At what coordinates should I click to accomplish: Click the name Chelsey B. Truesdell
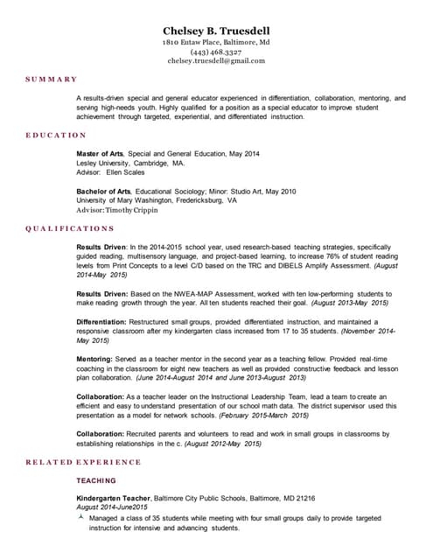pos(216,29)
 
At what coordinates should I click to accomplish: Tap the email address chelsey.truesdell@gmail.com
pos(216,61)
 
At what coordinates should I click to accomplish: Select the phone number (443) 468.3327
pos(216,52)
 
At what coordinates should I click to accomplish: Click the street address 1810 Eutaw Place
pos(195,42)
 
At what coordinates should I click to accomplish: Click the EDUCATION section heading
pos(54,136)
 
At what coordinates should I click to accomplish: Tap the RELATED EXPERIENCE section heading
pos(82,461)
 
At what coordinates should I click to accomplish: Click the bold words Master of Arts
pos(101,154)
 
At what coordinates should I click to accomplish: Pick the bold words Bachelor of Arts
pos(103,191)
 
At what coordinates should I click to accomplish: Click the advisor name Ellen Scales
pos(129,172)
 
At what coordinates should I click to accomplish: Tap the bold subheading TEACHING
pos(96,480)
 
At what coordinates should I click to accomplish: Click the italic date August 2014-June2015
pos(112,507)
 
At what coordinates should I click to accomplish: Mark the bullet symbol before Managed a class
pos(80,518)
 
